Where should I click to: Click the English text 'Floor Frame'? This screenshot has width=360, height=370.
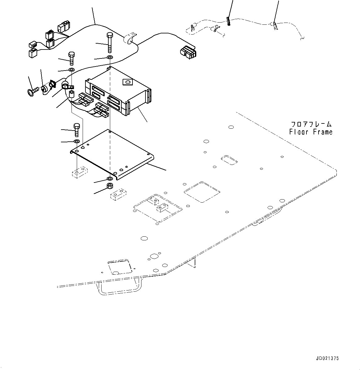311,132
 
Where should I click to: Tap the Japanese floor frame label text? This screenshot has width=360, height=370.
311,124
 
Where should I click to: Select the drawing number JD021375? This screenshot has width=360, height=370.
327,358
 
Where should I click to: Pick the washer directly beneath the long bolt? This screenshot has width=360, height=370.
109,58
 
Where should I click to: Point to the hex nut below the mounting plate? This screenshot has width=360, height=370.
109,186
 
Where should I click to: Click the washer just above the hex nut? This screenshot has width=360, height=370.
109,179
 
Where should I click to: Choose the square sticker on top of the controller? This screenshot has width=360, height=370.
127,82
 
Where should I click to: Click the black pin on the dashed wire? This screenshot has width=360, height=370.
228,21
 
